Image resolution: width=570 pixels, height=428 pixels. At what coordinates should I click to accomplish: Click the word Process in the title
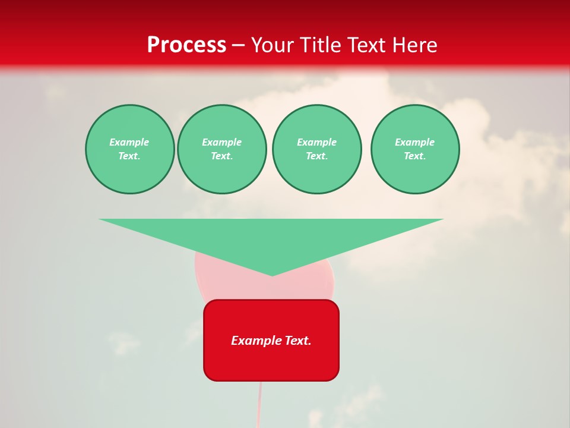(x=186, y=45)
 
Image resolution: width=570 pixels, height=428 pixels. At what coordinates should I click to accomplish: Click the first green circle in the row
(x=129, y=149)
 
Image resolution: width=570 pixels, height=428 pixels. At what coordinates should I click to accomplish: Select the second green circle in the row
(x=221, y=149)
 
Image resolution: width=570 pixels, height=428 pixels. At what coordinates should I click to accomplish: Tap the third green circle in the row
(x=316, y=149)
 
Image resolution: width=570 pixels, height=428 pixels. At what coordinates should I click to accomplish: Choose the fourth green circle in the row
(x=414, y=149)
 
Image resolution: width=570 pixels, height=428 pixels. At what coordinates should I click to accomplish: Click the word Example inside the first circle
(x=129, y=142)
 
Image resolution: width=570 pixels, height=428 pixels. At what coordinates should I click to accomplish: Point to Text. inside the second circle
(x=221, y=156)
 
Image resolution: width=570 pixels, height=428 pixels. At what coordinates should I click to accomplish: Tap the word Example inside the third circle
(x=316, y=142)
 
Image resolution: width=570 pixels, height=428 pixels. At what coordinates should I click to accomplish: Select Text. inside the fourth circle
(x=414, y=156)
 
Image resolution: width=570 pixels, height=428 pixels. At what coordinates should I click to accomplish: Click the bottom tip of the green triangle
(x=272, y=274)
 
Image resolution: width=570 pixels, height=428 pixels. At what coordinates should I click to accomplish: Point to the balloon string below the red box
(x=259, y=404)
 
